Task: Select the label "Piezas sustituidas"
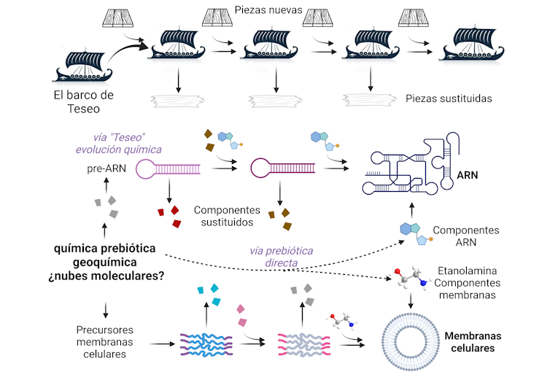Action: click(448, 98)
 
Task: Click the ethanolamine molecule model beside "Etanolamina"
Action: click(411, 281)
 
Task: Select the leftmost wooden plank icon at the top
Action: click(124, 17)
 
